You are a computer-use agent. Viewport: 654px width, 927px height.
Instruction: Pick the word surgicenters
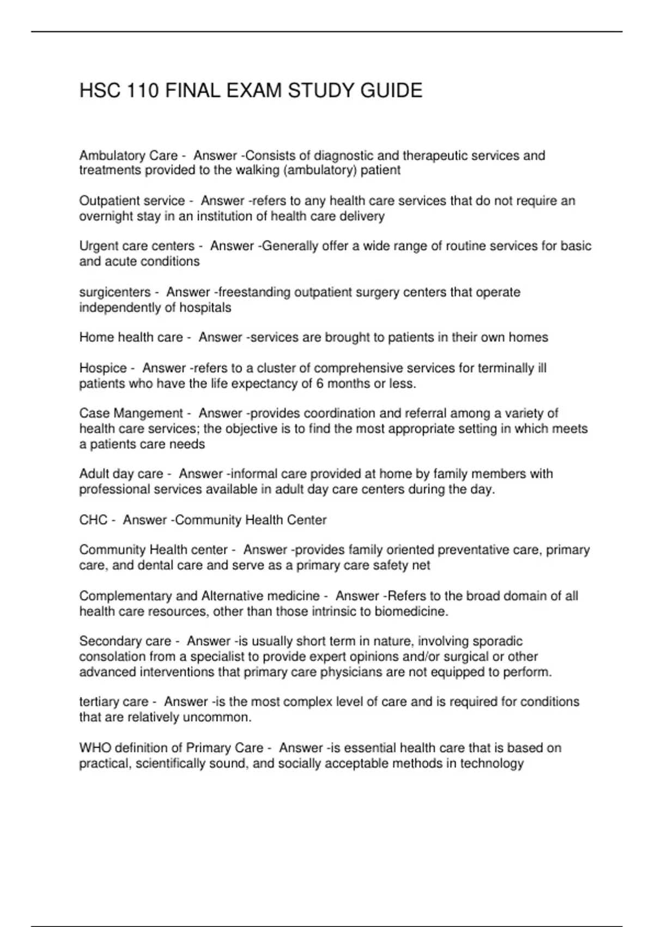[114, 292]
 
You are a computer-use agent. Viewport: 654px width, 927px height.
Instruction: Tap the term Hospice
[103, 368]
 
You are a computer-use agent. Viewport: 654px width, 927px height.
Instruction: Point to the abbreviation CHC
[93, 520]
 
